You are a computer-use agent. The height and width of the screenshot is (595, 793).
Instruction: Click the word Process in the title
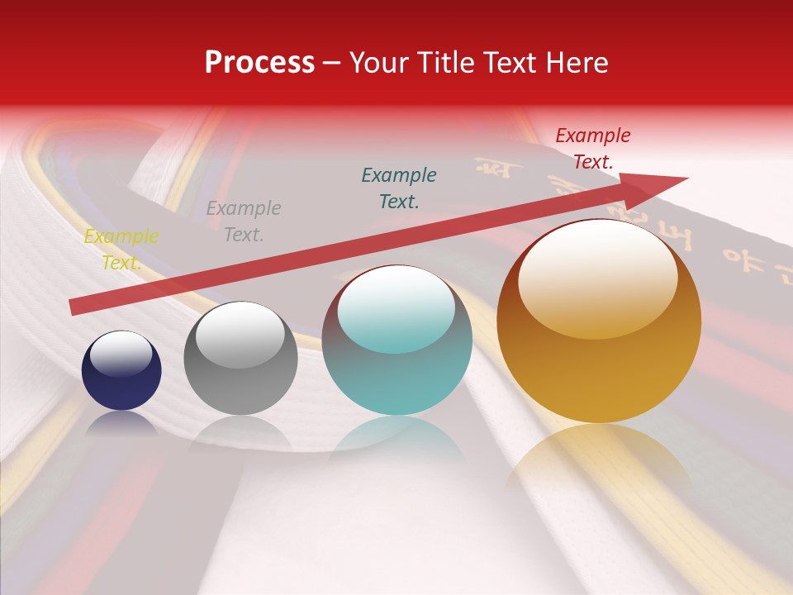coord(259,63)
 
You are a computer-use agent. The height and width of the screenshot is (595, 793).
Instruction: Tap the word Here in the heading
coord(576,63)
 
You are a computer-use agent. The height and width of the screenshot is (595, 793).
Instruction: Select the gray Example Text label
coord(244,221)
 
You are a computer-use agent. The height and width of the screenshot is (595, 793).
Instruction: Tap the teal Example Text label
coord(399,188)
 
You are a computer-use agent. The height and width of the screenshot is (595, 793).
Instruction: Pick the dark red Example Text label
coord(593,149)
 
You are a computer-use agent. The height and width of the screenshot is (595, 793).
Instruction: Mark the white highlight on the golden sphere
coord(597,277)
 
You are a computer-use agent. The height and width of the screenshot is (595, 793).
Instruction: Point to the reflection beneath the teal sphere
coord(396,438)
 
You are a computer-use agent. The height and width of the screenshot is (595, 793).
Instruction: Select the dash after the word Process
coord(331,63)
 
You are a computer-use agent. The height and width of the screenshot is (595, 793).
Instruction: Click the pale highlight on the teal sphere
coord(396,308)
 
